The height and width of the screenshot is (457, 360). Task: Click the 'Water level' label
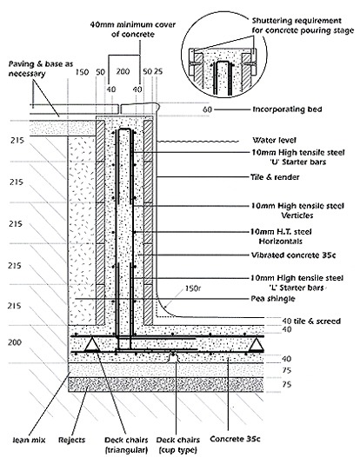coord(274,140)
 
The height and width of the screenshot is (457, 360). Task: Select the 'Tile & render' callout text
coord(275,177)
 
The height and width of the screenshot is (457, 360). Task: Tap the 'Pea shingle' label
coord(273,299)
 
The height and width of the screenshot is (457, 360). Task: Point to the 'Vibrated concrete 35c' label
coord(293,255)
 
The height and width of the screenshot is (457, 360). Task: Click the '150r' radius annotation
coord(193,288)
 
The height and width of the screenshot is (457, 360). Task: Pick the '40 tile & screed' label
coord(311,321)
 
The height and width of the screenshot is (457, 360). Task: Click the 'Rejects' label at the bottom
coord(72,440)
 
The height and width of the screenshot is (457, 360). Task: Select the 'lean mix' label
coord(29,440)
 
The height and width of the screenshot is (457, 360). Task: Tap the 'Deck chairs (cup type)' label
coord(178,445)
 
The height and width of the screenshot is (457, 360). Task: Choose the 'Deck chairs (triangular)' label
coord(126,445)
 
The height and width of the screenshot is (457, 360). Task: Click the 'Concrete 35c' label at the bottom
coord(235,439)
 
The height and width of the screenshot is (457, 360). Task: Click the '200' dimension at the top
coord(123,71)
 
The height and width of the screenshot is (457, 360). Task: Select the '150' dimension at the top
coord(82,72)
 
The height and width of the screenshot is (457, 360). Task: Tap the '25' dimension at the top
coord(158,71)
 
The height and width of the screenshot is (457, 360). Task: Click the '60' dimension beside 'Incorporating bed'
coord(207,109)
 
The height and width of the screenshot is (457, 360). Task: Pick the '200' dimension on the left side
coord(15,341)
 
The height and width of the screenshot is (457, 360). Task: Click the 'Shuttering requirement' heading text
coord(297,21)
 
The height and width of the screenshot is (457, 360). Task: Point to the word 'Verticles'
coord(297,215)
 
